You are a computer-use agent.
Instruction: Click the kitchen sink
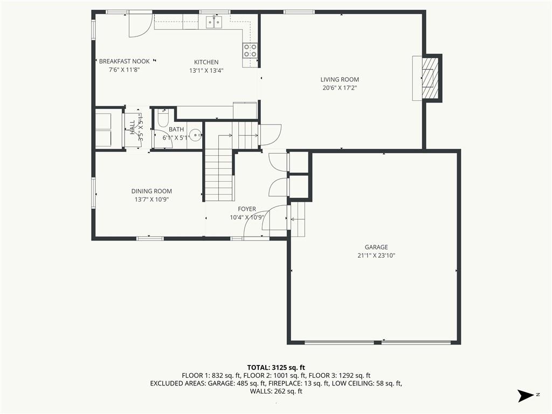[214, 22]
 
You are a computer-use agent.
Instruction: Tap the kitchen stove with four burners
[250, 50]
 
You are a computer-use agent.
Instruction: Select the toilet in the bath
[163, 118]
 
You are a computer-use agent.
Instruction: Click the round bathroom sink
[195, 134]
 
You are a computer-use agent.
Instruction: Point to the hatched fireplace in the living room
[430, 78]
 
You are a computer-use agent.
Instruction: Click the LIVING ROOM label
[340, 80]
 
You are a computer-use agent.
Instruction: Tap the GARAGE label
[376, 247]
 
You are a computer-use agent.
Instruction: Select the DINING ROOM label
[151, 191]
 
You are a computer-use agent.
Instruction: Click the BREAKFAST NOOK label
[125, 61]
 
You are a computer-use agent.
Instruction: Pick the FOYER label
[247, 209]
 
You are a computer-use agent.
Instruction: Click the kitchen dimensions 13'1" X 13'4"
[206, 71]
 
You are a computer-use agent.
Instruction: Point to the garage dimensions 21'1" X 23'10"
[376, 256]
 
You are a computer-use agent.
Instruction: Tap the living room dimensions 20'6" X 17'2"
[340, 88]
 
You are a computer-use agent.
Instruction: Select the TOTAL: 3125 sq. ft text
[276, 368]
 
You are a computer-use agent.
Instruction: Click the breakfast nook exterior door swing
[140, 24]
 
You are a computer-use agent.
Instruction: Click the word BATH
[176, 129]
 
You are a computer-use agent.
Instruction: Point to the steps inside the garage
[298, 219]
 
